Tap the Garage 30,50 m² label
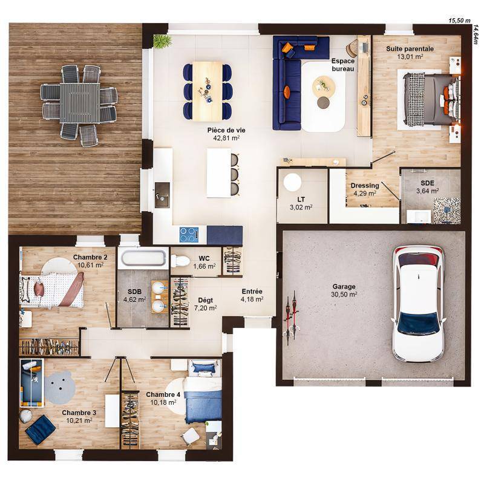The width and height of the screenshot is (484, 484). click(344, 290)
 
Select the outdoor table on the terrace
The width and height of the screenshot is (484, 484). click(79, 102)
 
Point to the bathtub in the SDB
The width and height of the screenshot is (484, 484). click(142, 258)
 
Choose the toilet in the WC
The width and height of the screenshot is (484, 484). click(180, 261)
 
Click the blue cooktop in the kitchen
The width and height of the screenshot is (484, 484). click(189, 234)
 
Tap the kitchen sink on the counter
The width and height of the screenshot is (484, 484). click(162, 195)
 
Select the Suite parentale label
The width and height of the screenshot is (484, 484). click(410, 53)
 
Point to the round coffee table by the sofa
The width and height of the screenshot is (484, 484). click(323, 88)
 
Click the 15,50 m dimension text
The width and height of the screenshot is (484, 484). click(459, 20)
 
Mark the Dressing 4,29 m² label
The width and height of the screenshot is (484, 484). click(365, 189)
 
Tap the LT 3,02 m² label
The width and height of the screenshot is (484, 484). click(301, 203)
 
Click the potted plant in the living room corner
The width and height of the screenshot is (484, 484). click(162, 41)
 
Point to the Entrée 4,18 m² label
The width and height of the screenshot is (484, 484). click(252, 295)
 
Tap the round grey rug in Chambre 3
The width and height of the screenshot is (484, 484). click(60, 387)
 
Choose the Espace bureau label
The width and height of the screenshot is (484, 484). click(342, 65)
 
